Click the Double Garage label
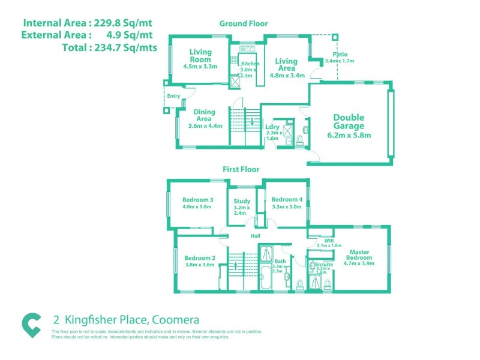(x=349, y=122)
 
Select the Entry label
(x=173, y=96)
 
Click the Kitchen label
(x=250, y=64)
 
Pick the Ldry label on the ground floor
(x=272, y=127)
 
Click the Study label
(x=242, y=201)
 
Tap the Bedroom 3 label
(x=198, y=200)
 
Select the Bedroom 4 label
(x=287, y=200)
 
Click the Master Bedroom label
(x=359, y=252)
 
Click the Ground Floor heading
(x=244, y=23)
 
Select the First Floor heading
(x=241, y=170)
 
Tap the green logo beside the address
(x=31, y=324)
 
